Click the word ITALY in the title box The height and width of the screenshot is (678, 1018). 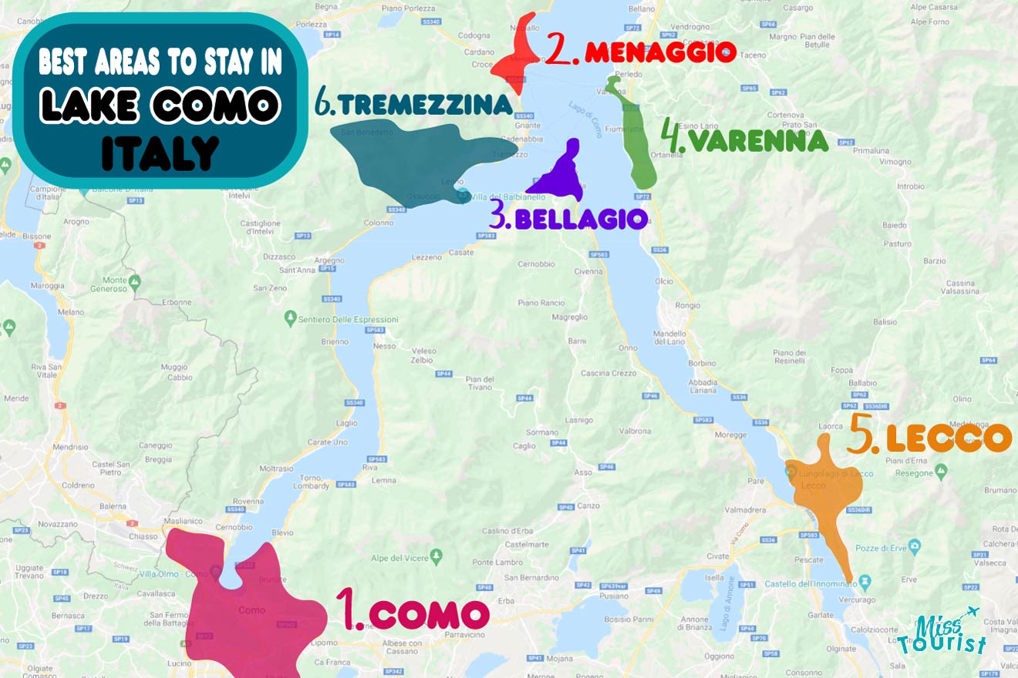[x=160, y=153]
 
